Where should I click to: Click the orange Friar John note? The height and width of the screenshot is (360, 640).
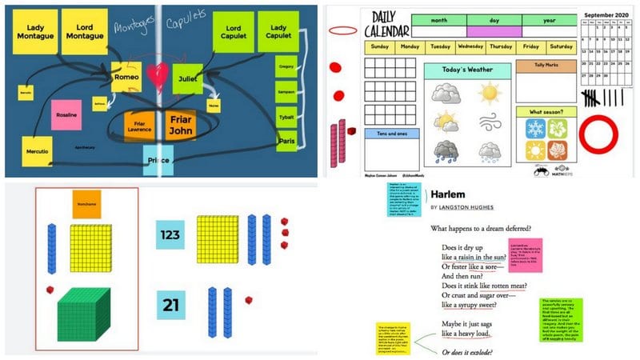178,126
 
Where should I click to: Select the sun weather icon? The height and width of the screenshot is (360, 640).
488,94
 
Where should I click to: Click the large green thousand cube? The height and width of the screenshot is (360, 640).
86,314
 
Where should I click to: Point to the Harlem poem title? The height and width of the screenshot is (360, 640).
450,194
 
